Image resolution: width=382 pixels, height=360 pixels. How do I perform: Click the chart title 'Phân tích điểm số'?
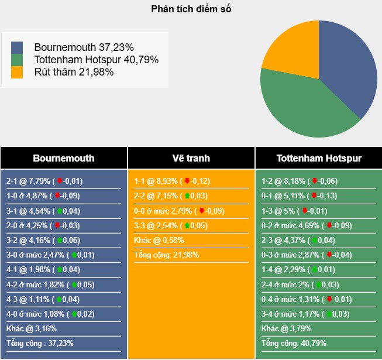(x=191, y=9)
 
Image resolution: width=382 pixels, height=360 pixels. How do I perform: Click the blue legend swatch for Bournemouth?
(x=17, y=47)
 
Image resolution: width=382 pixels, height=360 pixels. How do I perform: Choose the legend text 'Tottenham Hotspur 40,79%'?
(x=97, y=60)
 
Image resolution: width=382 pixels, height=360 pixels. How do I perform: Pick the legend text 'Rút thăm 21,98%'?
(x=74, y=72)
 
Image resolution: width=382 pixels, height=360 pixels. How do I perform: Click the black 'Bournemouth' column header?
(x=64, y=158)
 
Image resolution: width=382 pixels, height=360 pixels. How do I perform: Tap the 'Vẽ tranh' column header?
(x=191, y=158)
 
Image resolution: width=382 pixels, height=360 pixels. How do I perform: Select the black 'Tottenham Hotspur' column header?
(x=319, y=158)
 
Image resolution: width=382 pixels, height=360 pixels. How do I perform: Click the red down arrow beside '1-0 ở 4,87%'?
(x=57, y=196)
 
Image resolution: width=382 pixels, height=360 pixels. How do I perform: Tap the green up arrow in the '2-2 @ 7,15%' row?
(x=187, y=196)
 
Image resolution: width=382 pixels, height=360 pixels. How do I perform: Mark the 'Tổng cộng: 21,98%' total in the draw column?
(x=166, y=255)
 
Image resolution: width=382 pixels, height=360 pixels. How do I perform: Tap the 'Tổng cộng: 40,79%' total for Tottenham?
(x=294, y=343)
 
